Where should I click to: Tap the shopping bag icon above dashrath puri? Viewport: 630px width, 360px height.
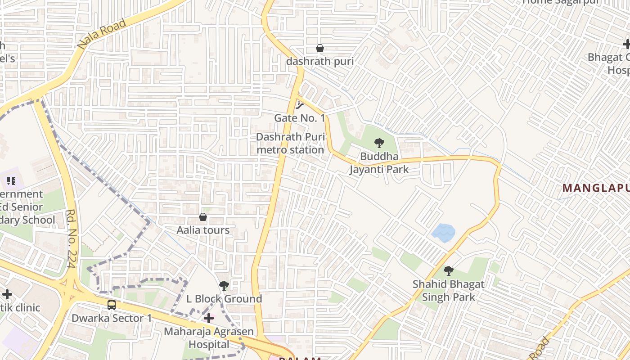pos(320,48)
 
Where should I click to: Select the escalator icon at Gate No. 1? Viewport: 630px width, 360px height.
pos(300,105)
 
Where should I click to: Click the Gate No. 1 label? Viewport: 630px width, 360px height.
pos(299,118)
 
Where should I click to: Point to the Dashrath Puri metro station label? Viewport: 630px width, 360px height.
pos(290,143)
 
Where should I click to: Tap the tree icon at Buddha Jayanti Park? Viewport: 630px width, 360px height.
pos(379,143)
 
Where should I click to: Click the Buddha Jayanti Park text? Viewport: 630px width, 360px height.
pos(379,163)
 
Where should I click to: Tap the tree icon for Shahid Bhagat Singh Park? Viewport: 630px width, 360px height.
pos(448,270)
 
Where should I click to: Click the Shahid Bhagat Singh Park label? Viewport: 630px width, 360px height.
pos(448,290)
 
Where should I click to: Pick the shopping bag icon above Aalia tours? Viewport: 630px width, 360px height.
pos(203,217)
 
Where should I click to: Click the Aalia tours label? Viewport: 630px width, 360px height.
pos(203,230)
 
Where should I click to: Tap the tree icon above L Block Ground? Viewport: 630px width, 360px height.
pos(224,285)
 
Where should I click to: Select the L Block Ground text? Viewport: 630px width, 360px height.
pos(224,299)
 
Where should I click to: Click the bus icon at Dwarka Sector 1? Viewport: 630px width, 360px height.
pos(112,305)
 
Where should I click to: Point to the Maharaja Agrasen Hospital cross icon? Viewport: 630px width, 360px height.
pos(209,318)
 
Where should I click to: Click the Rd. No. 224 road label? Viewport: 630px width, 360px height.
pos(71,238)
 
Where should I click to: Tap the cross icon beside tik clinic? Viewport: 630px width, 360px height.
pos(7,294)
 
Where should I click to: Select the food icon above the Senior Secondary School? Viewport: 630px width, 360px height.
pos(11,181)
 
